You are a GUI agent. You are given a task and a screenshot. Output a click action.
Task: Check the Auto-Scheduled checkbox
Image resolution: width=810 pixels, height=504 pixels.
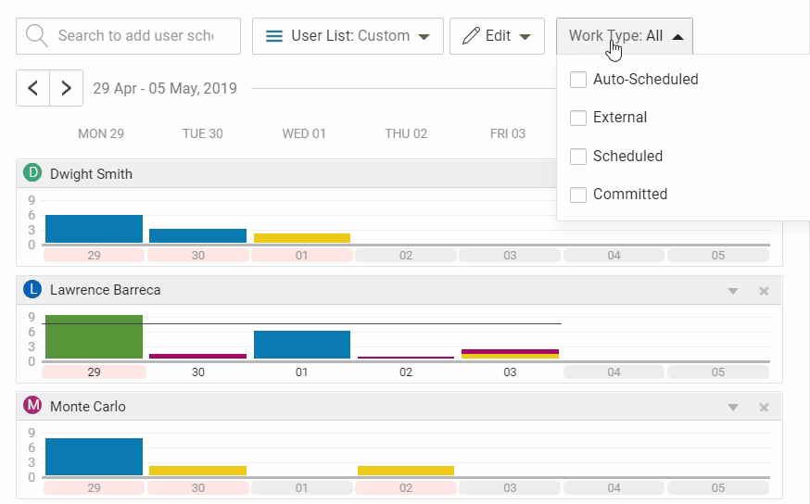point(578,80)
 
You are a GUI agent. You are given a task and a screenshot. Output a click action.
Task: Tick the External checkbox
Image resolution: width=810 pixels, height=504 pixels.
point(578,118)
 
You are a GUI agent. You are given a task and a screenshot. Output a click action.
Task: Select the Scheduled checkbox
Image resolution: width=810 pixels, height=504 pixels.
point(578,157)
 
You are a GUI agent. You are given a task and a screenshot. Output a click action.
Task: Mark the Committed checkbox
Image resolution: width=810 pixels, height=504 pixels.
point(578,195)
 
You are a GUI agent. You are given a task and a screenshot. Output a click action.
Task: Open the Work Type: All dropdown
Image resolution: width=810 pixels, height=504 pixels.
point(625,36)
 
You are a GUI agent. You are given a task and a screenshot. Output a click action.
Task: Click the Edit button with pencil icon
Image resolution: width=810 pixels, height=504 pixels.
point(497,36)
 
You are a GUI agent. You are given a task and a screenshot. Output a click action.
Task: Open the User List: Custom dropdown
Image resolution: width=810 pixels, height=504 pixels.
point(348,36)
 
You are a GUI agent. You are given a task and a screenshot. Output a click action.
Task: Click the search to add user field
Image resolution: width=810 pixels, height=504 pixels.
point(130,36)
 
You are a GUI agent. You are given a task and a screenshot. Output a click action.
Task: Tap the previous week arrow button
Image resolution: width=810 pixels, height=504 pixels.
point(33,88)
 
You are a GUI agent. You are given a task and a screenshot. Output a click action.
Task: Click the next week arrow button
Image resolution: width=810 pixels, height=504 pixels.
point(66,88)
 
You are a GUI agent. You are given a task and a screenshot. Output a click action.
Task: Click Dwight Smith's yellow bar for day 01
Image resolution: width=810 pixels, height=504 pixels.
point(302,238)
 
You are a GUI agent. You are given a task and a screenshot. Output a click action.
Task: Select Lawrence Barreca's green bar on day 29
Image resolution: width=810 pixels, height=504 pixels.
point(94,336)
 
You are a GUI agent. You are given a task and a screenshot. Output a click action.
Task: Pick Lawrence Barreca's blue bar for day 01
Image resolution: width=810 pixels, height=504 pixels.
point(302,345)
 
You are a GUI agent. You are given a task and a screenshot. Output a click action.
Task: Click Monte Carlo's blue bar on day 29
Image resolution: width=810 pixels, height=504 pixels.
point(94,457)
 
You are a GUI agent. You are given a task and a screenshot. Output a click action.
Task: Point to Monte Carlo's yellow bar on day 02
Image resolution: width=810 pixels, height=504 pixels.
point(406,471)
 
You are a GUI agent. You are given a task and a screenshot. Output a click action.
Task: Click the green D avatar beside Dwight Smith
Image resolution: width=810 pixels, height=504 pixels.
point(33,173)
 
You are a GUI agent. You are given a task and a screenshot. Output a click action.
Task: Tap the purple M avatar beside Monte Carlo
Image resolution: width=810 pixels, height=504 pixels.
point(33,406)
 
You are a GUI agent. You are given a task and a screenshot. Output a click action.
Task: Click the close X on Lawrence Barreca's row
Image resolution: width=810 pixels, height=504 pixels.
point(764,291)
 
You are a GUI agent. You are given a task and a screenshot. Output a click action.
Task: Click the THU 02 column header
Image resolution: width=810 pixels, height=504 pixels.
point(406,133)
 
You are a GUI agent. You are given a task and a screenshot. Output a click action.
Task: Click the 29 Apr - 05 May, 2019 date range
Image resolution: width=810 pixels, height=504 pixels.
point(165,89)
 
